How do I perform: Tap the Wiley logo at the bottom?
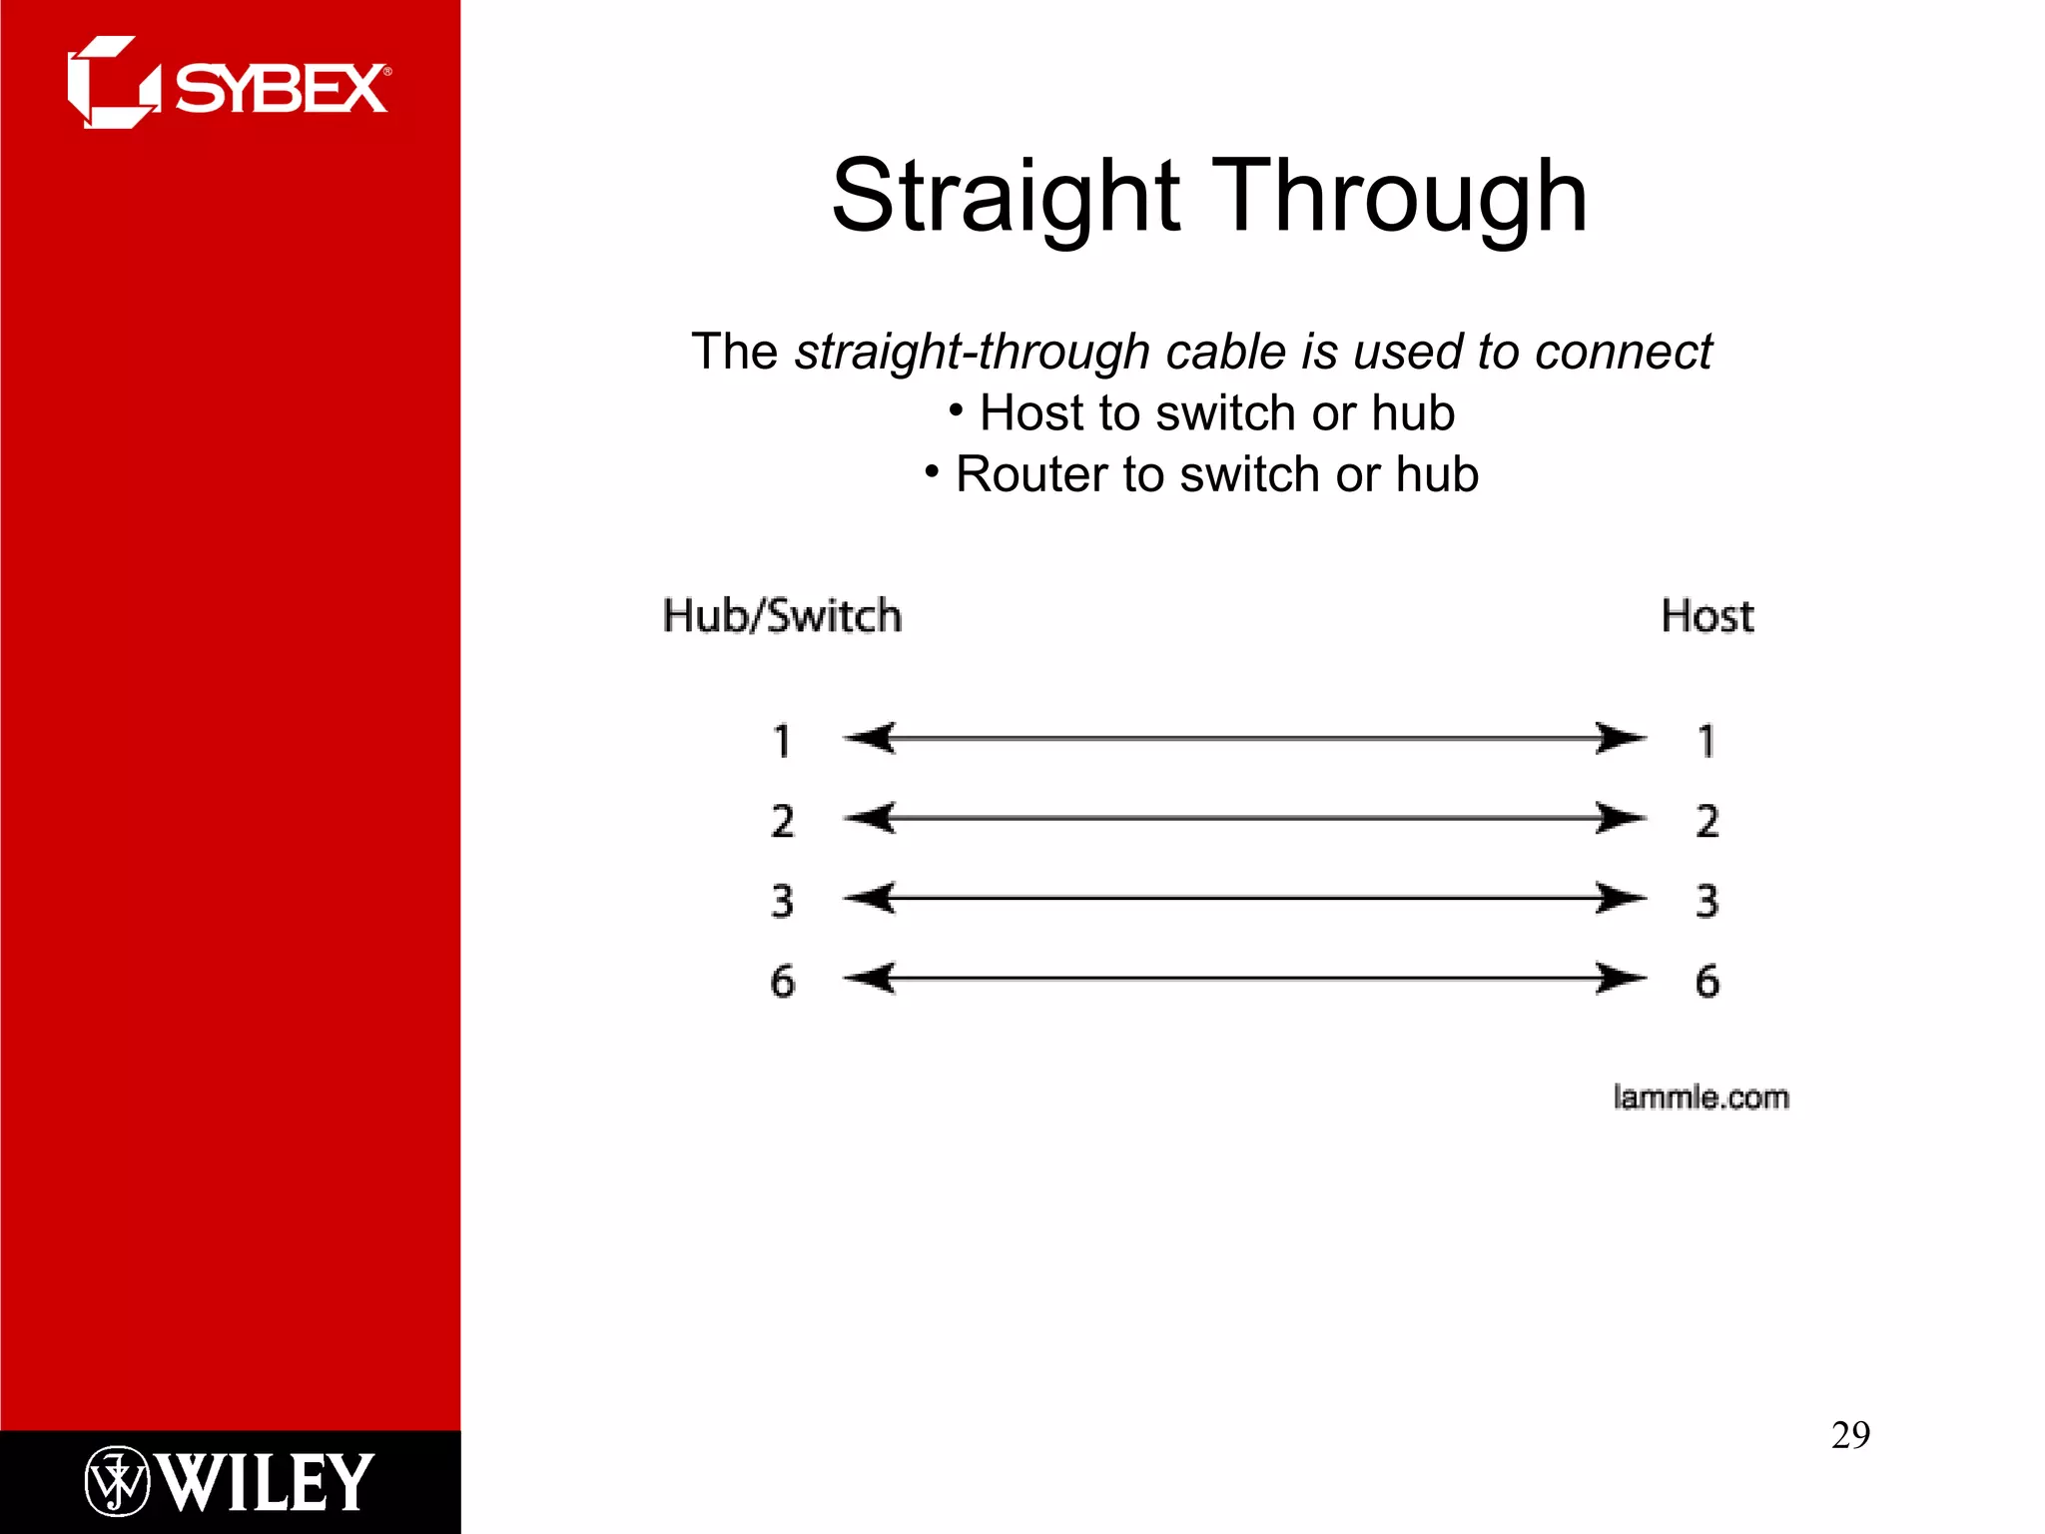pyautogui.click(x=230, y=1481)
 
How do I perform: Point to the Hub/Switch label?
pyautogui.click(x=782, y=615)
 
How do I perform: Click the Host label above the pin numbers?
pyautogui.click(x=1706, y=615)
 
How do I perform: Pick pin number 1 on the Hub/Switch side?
pyautogui.click(x=782, y=741)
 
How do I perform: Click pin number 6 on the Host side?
pyautogui.click(x=1706, y=981)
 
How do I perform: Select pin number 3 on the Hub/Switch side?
pyautogui.click(x=782, y=901)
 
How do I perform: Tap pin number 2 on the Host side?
pyautogui.click(x=1706, y=821)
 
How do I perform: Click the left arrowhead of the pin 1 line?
pyautogui.click(x=869, y=738)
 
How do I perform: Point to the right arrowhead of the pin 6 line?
pyautogui.click(x=1620, y=978)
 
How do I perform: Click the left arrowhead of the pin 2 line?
pyautogui.click(x=869, y=818)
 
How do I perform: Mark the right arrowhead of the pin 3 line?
pyautogui.click(x=1620, y=898)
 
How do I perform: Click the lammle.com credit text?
pyautogui.click(x=1701, y=1097)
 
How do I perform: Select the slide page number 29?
pyautogui.click(x=1850, y=1435)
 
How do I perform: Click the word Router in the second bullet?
pyautogui.click(x=1032, y=474)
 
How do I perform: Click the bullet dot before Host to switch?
pyautogui.click(x=956, y=409)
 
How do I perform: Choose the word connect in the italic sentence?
pyautogui.click(x=1623, y=352)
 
